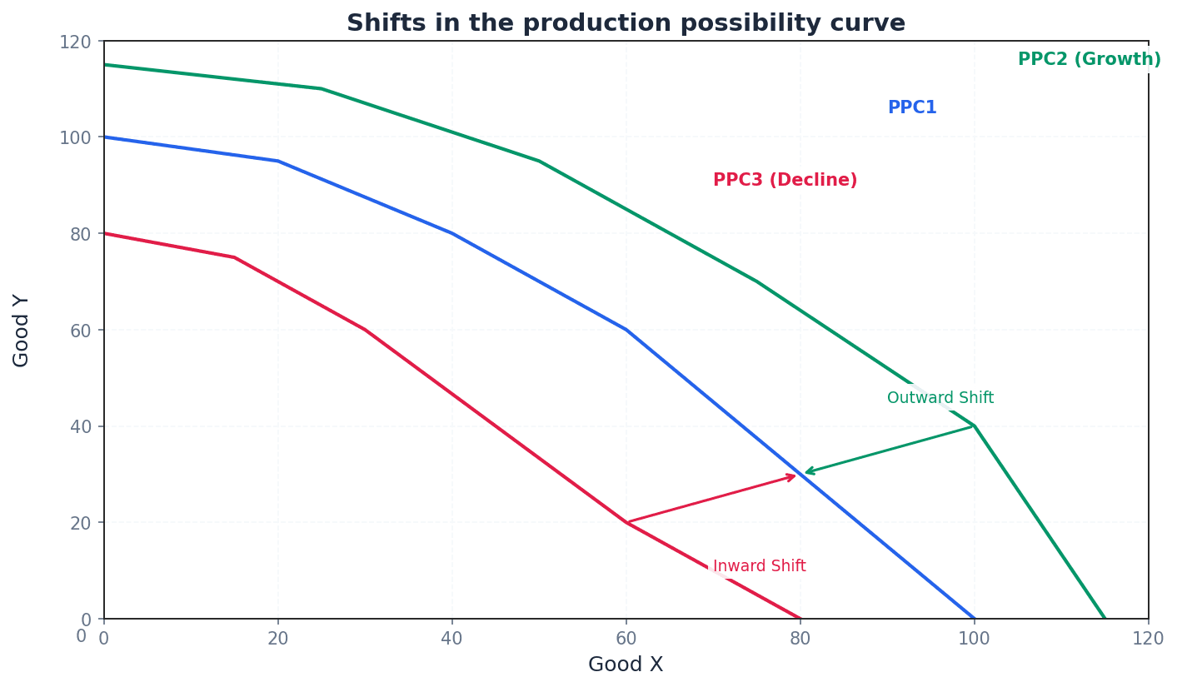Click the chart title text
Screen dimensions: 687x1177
coord(626,23)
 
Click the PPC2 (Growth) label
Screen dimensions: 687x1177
coord(1089,60)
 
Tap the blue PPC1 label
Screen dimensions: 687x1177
coord(912,108)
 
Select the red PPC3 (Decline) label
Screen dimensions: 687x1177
coord(785,181)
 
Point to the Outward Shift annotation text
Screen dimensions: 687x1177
coord(940,399)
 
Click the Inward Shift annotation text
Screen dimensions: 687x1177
coord(759,567)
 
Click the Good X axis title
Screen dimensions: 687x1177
coord(626,665)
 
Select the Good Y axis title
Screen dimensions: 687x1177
coord(22,331)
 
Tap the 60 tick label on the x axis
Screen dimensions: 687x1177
coord(626,639)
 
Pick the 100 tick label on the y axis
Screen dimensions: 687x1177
coord(74,137)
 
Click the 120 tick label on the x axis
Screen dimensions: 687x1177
coord(1148,639)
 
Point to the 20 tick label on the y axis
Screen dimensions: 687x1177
coord(79,523)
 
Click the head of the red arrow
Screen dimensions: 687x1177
coord(795,476)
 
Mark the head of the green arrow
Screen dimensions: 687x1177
coord(806,472)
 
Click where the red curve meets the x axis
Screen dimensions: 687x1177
coord(800,619)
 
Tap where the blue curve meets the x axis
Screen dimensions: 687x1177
coord(975,619)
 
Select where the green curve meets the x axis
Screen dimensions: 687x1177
coord(1105,619)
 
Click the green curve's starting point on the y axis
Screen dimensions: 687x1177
coord(104,65)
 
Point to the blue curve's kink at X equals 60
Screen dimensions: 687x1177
coord(626,330)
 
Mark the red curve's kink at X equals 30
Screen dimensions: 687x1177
coord(365,330)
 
